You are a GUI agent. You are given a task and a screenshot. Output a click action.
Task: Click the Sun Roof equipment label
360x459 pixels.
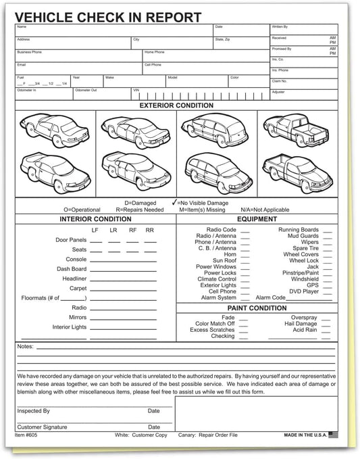[x=224, y=260]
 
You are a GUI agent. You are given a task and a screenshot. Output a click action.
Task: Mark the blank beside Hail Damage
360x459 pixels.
[x=327, y=324]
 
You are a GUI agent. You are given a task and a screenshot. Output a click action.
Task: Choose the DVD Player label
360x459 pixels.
[x=304, y=291]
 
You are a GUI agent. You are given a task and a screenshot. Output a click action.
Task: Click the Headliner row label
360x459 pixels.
[x=74, y=279]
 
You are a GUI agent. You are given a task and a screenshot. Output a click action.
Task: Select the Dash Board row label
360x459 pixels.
[x=72, y=269]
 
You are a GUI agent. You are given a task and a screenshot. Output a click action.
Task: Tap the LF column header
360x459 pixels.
[x=95, y=231]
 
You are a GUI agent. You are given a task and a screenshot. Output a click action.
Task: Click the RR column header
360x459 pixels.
[x=149, y=231]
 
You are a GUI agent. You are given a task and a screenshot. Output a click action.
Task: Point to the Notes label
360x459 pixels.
[x=24, y=347]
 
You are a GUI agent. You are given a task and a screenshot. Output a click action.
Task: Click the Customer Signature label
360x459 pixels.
[x=42, y=427]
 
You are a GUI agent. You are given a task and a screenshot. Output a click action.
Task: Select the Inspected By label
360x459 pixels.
[x=33, y=410]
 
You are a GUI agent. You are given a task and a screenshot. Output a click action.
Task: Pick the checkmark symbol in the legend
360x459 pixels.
[x=175, y=202]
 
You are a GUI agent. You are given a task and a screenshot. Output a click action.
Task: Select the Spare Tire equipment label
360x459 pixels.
[x=305, y=248]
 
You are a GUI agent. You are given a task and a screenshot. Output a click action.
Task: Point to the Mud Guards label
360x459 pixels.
[x=303, y=236]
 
